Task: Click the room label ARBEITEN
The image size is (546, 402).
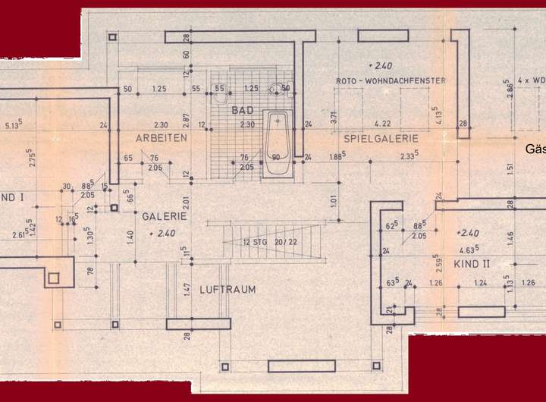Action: [161, 139]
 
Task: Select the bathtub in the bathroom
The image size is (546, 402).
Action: [278, 144]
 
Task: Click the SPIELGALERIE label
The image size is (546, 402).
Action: [381, 139]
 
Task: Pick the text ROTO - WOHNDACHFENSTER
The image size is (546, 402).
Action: [390, 80]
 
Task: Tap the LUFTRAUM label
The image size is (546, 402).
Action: [227, 289]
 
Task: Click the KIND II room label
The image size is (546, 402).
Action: [472, 263]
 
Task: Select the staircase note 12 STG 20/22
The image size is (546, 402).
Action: [269, 242]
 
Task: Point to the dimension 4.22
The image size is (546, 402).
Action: [382, 124]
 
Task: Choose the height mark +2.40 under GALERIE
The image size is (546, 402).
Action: [163, 232]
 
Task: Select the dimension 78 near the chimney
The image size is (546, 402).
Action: [90, 271]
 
